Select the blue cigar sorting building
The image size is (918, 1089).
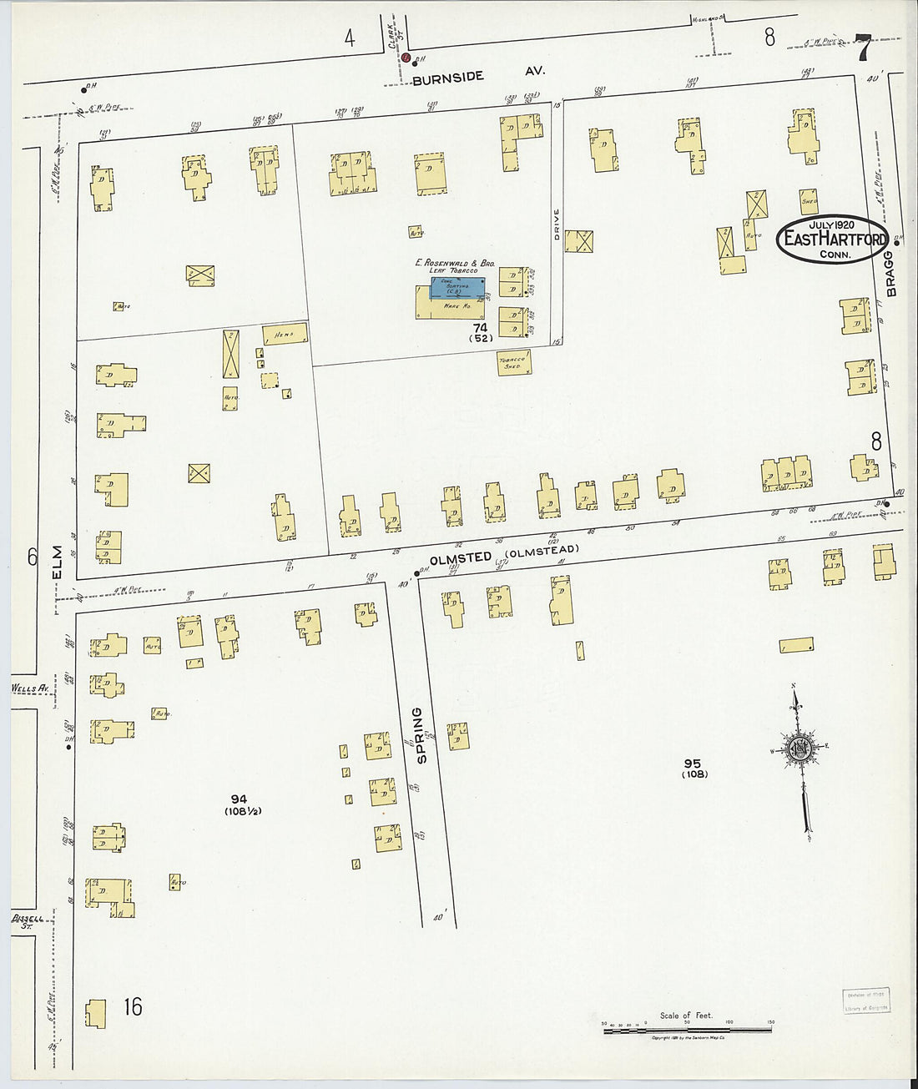[x=457, y=288]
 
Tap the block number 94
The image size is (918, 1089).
[x=240, y=799]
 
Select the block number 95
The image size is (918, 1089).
[x=693, y=763]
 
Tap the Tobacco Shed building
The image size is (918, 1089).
[x=514, y=362]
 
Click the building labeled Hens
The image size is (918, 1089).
[x=285, y=335]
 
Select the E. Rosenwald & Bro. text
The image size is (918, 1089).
[x=456, y=262]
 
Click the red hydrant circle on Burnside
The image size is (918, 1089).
[x=406, y=58]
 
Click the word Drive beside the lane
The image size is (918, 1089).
[x=557, y=224]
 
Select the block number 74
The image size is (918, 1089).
[x=480, y=328]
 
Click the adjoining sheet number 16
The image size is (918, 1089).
[x=133, y=1006]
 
